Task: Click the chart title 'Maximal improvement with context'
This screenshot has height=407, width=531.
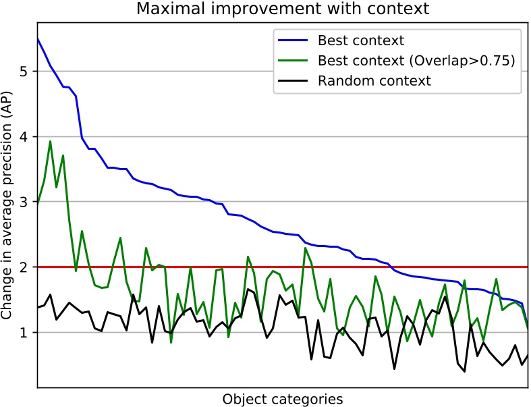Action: click(x=283, y=9)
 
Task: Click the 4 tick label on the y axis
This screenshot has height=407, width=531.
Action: click(x=24, y=137)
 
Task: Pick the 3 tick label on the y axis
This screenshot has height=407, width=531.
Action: click(x=24, y=202)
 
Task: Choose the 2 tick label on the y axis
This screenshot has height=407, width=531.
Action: click(x=24, y=267)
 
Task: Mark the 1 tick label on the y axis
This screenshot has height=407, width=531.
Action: click(x=24, y=333)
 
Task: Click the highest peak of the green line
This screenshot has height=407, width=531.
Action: click(x=50, y=141)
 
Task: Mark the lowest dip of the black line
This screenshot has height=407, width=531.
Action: click(x=464, y=371)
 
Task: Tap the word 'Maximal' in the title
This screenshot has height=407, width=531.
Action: click(x=164, y=9)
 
